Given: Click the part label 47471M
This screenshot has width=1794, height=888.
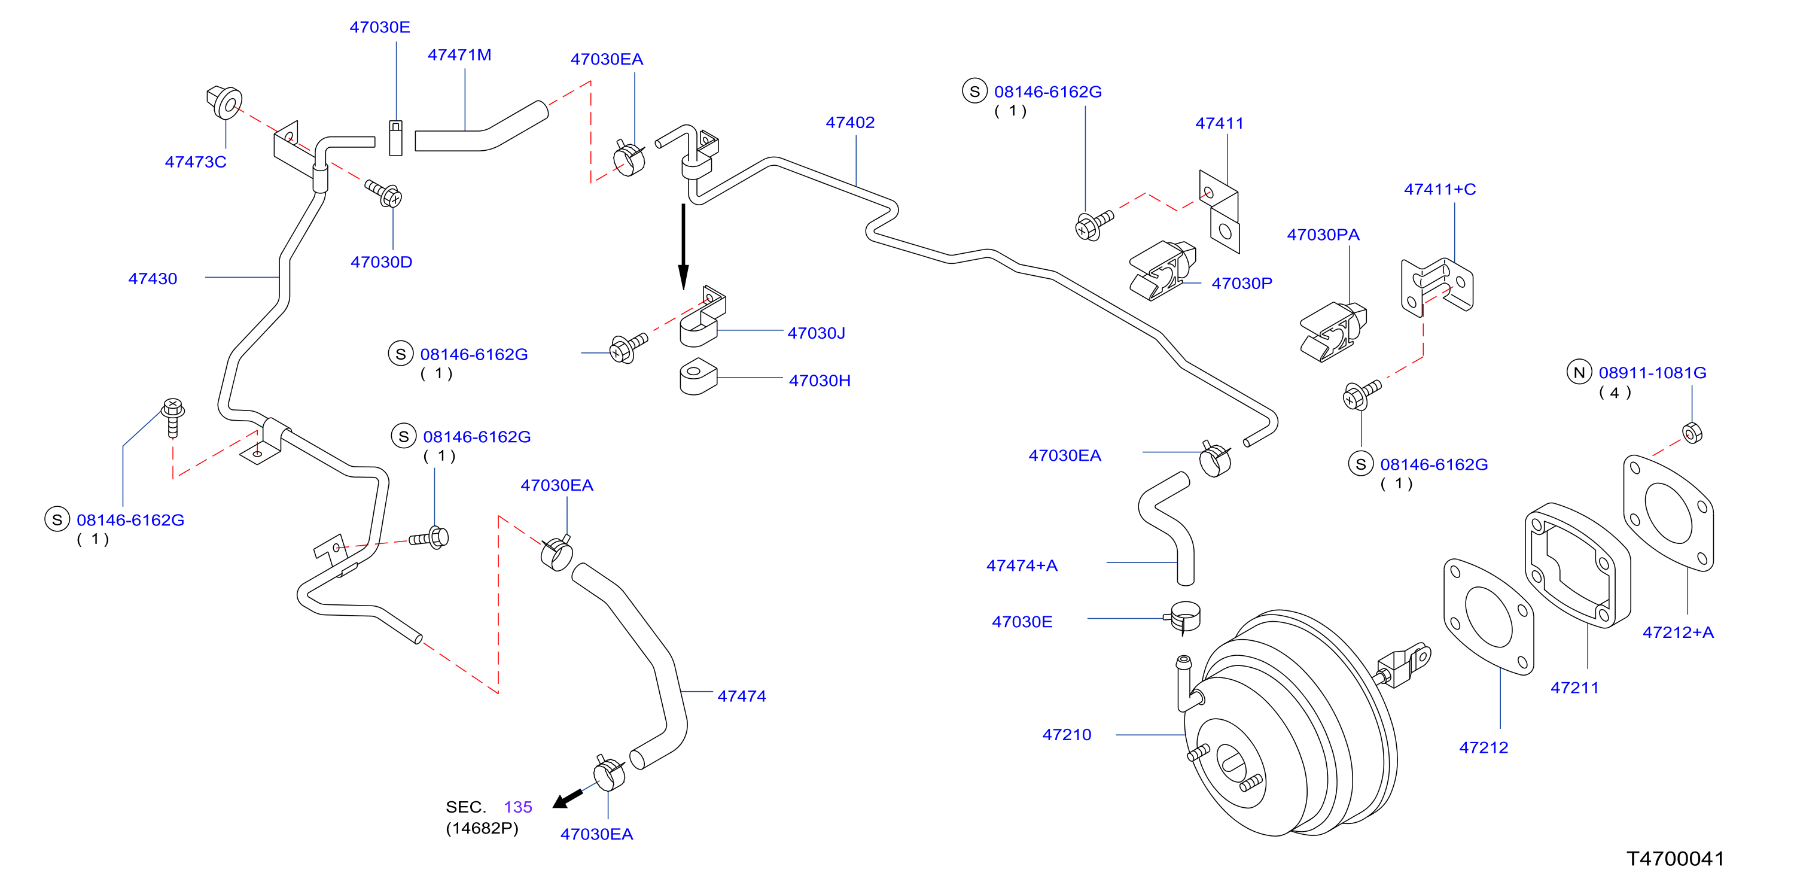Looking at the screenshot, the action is click(459, 55).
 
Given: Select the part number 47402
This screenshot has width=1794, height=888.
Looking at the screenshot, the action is click(849, 123).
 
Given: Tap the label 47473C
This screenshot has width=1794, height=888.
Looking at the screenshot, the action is click(196, 162).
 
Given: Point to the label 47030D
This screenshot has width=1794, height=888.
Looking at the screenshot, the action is click(381, 263).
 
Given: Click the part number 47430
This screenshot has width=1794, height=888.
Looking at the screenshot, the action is click(153, 279).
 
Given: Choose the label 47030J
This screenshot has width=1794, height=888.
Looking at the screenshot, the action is click(816, 334).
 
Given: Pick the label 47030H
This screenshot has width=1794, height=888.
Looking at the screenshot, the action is click(820, 381).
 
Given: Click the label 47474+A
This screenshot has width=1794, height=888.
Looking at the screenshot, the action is click(1022, 566).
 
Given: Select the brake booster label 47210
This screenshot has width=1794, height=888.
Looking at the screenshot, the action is click(1066, 735).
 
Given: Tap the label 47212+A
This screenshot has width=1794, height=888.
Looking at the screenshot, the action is click(1678, 633).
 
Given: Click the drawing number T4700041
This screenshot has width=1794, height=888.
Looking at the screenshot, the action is click(1675, 859).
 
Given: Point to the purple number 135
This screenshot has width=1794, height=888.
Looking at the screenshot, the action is click(518, 807).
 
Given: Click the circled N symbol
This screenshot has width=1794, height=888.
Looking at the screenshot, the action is click(1579, 373).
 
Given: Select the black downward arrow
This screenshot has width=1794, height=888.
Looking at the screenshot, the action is click(683, 247).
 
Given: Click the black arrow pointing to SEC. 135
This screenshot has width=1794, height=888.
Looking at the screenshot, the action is click(568, 799).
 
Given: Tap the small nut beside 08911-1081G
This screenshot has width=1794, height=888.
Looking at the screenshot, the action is click(1692, 433).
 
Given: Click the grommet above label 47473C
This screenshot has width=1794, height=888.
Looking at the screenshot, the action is click(224, 103).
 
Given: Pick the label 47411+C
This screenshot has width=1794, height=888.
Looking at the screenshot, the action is click(1439, 190).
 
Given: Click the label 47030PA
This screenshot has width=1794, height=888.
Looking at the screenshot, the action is click(1323, 235).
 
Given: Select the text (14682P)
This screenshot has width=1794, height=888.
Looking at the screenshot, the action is click(482, 829).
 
